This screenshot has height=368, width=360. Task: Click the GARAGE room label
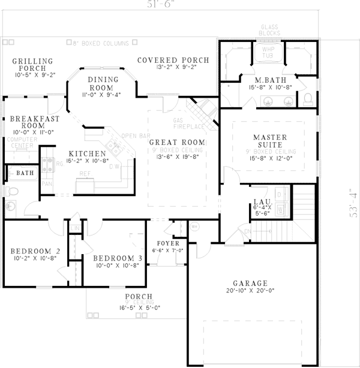(250, 283)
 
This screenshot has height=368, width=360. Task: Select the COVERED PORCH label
(173, 60)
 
